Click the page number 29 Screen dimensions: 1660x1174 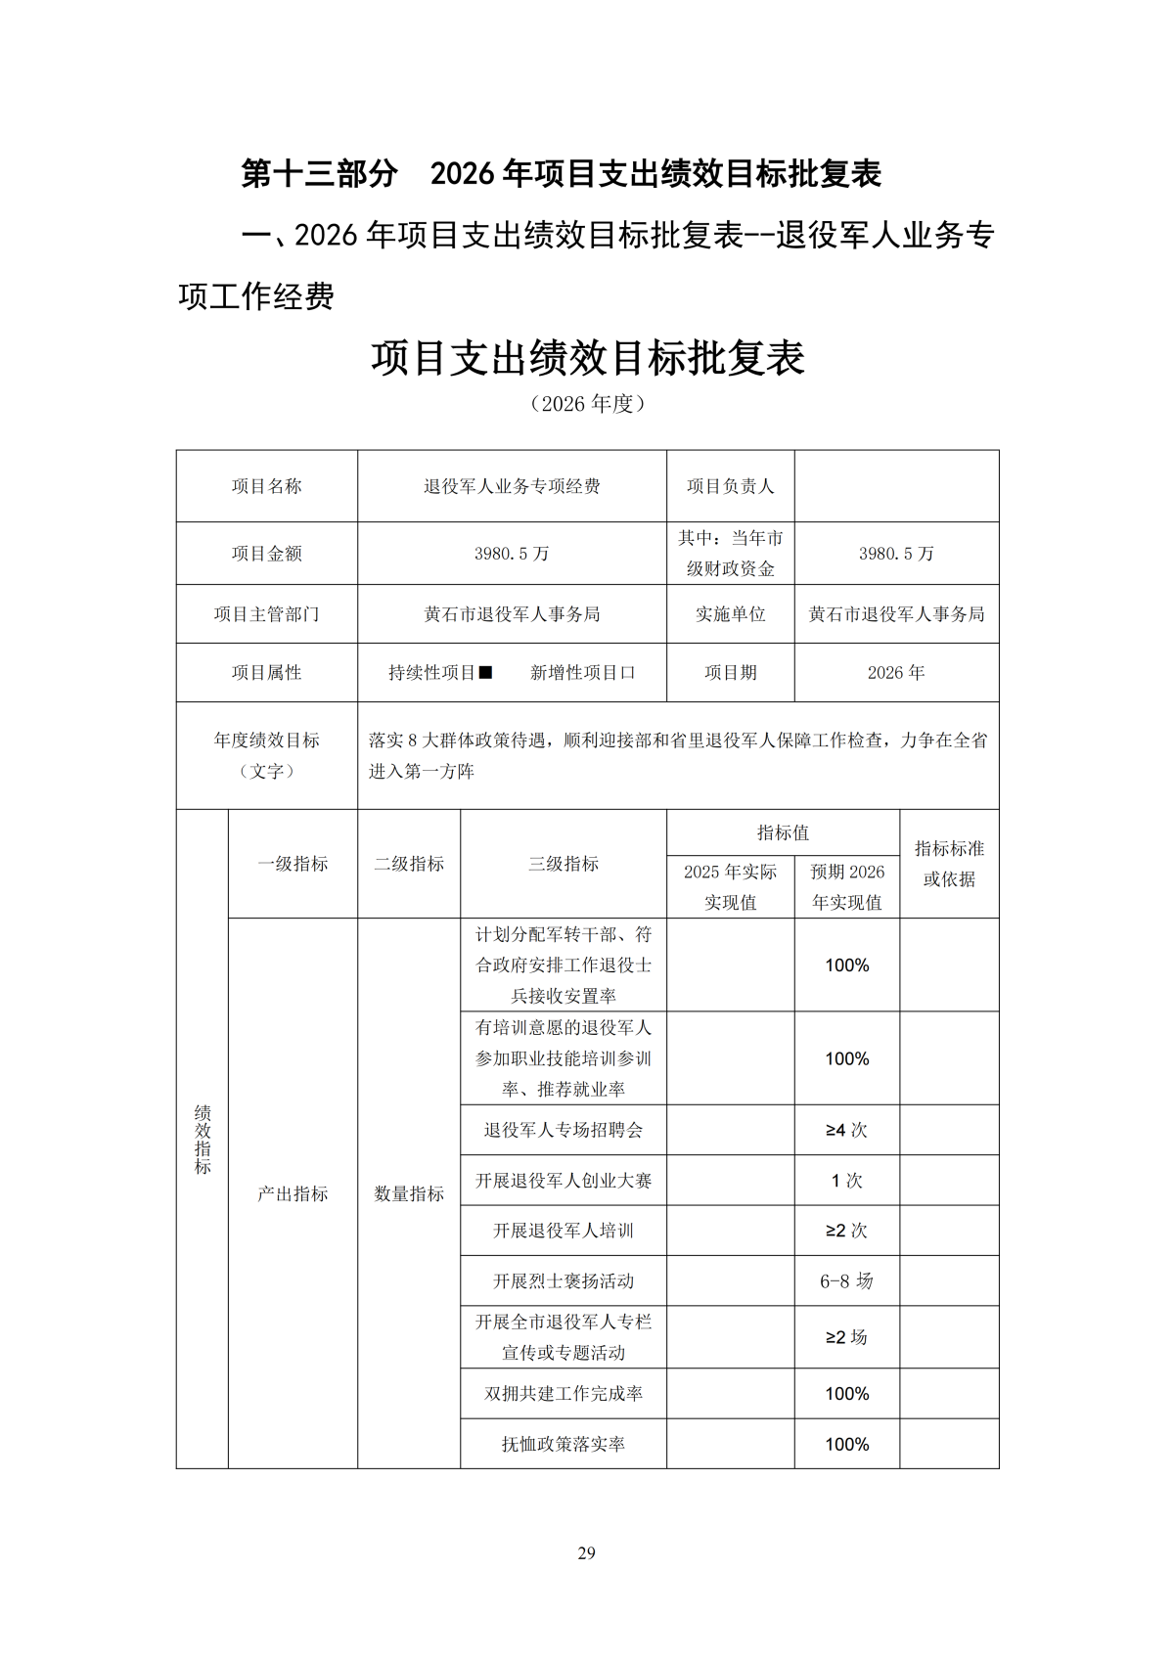tap(586, 1552)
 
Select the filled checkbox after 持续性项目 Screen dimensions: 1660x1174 tap(485, 672)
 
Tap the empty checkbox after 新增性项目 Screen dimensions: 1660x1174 tap(627, 672)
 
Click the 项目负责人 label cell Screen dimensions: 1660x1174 tap(730, 486)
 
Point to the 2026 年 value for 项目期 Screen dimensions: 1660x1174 tap(895, 672)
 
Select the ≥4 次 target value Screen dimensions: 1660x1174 tap(846, 1130)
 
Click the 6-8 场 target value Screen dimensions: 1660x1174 tap(846, 1280)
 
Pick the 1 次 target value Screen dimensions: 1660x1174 tap(846, 1181)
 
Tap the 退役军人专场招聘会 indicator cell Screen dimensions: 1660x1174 tap(564, 1130)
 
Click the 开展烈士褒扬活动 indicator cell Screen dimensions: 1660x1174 tap(564, 1280)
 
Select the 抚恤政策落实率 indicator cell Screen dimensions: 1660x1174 tap(564, 1444)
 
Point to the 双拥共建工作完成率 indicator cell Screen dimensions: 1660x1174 tap(564, 1393)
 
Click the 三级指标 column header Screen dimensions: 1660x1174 tap(564, 863)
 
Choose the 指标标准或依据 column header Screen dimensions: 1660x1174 tap(949, 863)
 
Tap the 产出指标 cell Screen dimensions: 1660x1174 tap(293, 1193)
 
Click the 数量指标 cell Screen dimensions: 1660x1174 tap(409, 1193)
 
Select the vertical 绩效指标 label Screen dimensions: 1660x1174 tap(203, 1140)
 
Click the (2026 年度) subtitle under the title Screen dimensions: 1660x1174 tap(587, 403)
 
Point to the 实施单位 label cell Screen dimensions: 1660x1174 tap(730, 613)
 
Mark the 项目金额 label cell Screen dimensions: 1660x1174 tap(266, 553)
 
